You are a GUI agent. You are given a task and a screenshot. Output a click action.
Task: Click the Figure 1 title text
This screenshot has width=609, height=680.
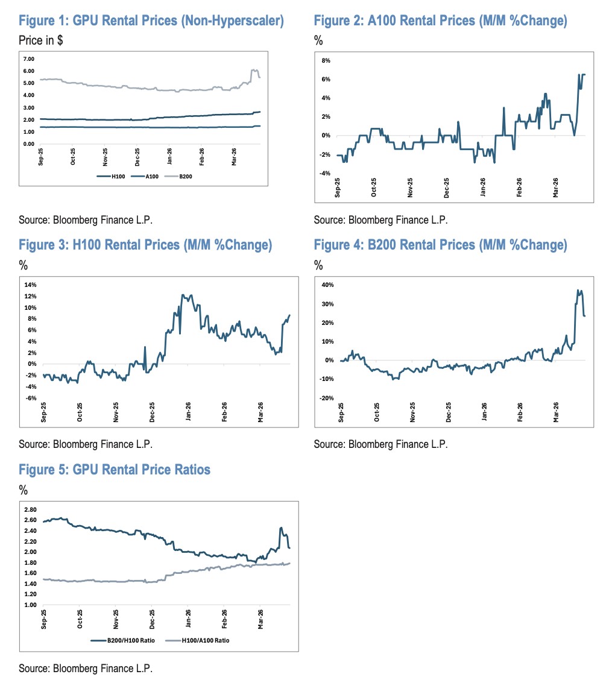pos(151,22)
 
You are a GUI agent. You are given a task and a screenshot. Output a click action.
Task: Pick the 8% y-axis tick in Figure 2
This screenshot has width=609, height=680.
pos(326,60)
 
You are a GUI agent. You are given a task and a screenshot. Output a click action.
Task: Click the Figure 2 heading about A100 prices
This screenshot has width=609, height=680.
pos(440,22)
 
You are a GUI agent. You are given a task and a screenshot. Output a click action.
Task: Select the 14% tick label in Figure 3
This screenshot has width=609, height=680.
pos(30,285)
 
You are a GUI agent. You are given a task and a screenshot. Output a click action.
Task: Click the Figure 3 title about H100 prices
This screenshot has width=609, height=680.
pos(145,245)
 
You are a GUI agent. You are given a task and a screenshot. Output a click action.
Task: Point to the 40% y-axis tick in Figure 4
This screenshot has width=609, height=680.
pos(327,285)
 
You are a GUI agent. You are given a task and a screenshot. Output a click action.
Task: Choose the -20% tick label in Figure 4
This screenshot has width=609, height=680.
pos(326,398)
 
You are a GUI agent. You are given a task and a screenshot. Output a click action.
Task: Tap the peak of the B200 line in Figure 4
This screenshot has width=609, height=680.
pos(578,291)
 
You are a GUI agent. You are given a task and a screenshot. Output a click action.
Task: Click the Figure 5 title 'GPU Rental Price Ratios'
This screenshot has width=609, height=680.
pos(115,470)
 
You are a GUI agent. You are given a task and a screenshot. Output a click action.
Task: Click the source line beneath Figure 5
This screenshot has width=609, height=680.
pos(86,669)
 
